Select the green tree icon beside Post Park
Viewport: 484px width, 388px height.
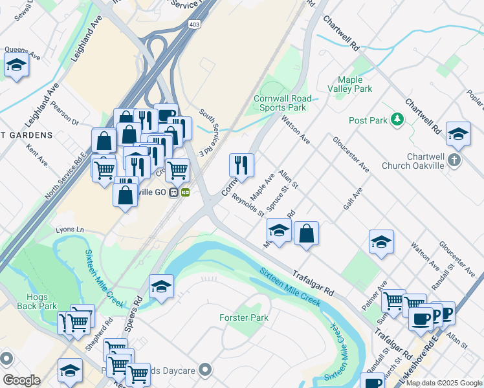[397, 120]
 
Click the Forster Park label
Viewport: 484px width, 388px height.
[244, 318]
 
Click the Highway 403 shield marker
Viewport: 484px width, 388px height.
[195, 24]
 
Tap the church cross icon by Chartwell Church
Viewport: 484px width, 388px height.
[455, 160]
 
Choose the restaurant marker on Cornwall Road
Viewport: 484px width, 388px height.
[241, 165]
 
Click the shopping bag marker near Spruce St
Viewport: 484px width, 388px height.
[307, 233]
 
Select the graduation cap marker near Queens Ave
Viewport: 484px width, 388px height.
[16, 65]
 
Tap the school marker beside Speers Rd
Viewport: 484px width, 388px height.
[161, 286]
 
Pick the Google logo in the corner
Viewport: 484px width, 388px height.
[21, 380]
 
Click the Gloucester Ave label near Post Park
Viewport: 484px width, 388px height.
[351, 153]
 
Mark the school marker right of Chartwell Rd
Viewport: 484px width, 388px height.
[458, 134]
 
